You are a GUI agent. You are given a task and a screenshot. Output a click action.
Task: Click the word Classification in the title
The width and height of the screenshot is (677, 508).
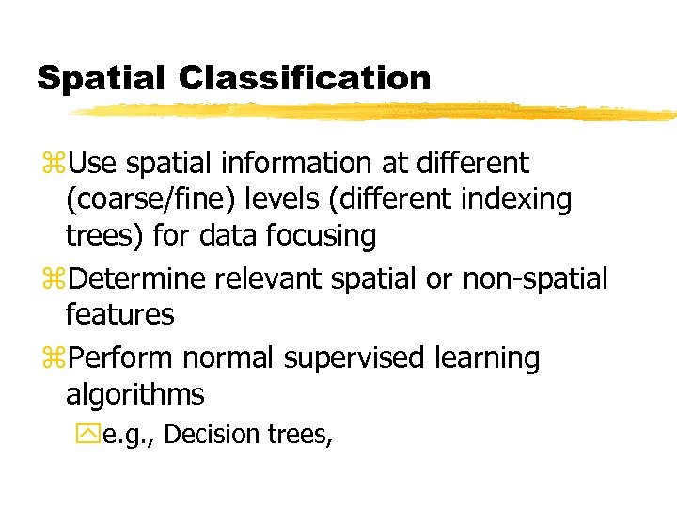coord(305,78)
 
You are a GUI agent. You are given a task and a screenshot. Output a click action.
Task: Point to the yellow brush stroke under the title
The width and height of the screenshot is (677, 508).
coord(376,112)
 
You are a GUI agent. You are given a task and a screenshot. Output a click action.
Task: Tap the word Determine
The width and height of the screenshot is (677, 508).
coord(138,278)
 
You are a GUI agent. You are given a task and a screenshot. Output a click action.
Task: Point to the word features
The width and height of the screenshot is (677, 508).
coord(119,314)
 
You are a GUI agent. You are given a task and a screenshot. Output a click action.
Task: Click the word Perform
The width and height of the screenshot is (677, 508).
coord(122,358)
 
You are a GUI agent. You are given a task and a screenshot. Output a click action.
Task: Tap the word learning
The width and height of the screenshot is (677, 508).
coord(494,358)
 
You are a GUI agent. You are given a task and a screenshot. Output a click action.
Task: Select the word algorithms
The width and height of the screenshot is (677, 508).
coord(134,394)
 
